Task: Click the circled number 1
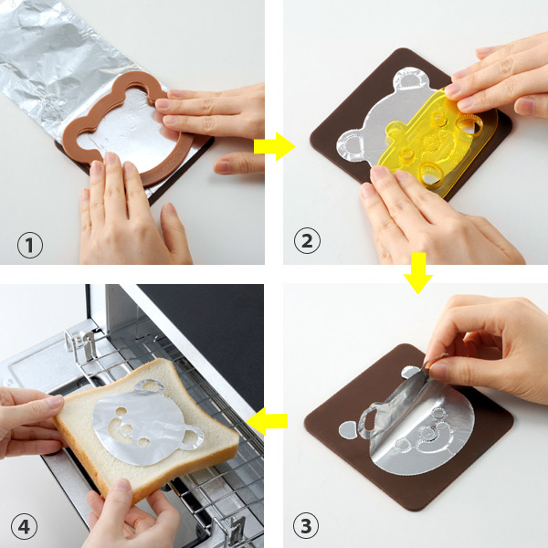coord(30,245)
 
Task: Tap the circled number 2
coord(307,240)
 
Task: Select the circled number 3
coord(306,526)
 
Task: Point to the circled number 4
coord(24,526)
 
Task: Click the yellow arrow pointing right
coord(274,146)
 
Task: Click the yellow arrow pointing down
coord(418,273)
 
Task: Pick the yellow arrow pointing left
coord(267,421)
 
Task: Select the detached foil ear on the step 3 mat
coord(348,429)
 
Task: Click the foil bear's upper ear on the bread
coord(150,385)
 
